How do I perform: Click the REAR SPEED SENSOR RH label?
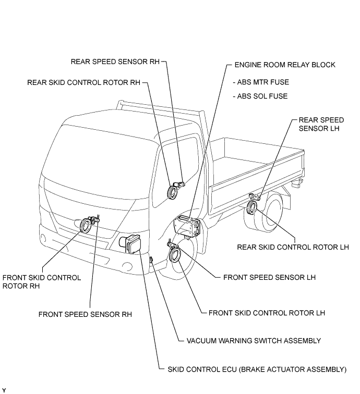coord(115,62)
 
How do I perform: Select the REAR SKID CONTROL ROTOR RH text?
coord(83,82)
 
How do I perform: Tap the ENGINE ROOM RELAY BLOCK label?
coord(285,65)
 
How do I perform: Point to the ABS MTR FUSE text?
coord(261,82)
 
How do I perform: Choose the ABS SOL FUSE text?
coord(260,96)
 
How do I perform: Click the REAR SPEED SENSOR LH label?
coord(321,124)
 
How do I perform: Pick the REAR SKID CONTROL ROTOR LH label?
coord(293,247)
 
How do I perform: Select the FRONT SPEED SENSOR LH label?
coord(269,277)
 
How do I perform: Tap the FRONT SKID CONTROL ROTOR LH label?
coord(267,313)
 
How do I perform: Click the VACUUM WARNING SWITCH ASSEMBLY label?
coord(254,341)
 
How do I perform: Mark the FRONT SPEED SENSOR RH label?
coord(85,315)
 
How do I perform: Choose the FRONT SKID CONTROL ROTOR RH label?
coord(42,282)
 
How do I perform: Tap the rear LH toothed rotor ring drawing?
coord(249,208)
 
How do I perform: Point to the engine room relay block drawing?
coord(187,225)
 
